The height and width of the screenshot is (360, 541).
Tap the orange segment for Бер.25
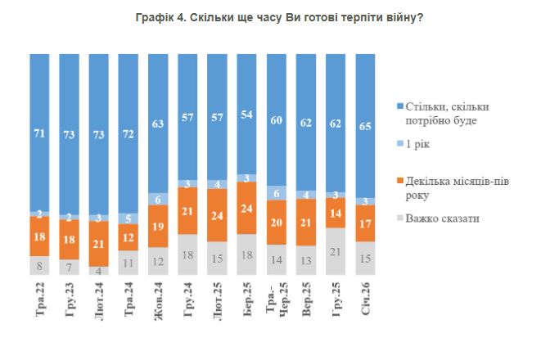(246, 208)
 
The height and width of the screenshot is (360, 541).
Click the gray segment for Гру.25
(336, 251)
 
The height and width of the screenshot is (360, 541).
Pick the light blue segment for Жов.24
(158, 199)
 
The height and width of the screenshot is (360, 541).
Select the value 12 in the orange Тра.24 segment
(128, 237)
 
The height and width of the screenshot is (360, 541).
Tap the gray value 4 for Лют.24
(99, 271)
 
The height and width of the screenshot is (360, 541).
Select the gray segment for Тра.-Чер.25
(276, 260)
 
